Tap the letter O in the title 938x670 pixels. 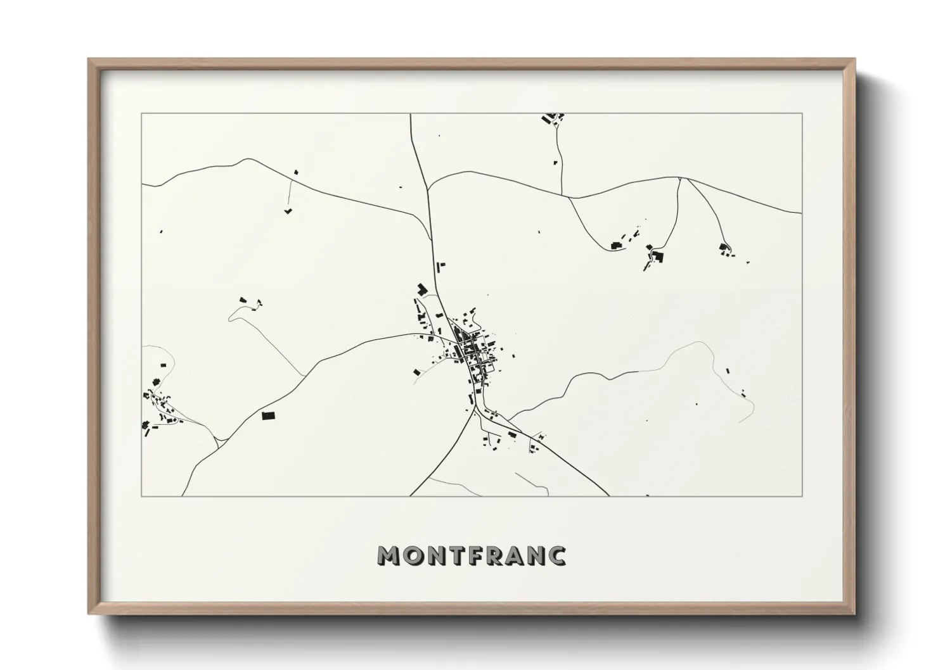[412, 555]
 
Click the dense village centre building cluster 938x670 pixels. [472, 348]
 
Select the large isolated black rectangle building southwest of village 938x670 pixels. [269, 415]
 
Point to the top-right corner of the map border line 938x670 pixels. [802, 113]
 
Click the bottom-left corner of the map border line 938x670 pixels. [141, 496]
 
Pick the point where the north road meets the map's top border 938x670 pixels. [411, 114]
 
